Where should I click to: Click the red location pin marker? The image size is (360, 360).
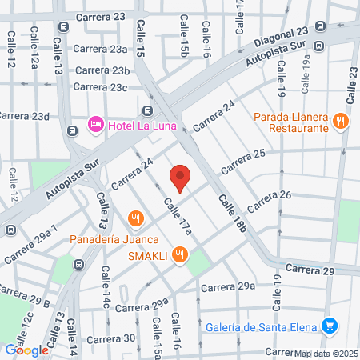[180, 178]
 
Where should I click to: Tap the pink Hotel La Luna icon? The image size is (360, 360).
[95, 125]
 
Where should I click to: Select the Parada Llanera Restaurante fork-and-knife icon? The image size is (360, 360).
[342, 122]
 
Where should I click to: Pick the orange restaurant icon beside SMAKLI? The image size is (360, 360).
[182, 255]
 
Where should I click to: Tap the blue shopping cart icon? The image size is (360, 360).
[328, 325]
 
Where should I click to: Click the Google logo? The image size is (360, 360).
[26, 350]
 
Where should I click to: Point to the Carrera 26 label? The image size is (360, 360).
[269, 202]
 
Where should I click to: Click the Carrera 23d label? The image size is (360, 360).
[25, 116]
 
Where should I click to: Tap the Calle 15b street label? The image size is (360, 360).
[183, 40]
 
